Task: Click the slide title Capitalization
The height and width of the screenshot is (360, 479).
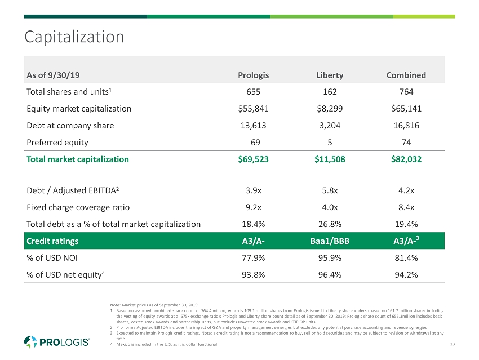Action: pos(74,37)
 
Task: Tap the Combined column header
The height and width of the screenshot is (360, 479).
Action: pos(406,75)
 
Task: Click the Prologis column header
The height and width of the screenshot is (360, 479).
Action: pos(254,75)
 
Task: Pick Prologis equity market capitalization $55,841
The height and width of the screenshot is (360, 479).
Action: pos(254,109)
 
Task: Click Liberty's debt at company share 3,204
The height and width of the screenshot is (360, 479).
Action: pos(330,126)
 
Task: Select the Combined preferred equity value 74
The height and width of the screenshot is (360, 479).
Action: pos(406,143)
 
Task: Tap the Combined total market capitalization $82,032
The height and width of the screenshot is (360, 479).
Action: pos(406,159)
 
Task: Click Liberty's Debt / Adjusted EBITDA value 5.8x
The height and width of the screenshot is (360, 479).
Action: pos(330,190)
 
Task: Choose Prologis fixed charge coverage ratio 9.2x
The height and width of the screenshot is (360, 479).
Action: pos(254,207)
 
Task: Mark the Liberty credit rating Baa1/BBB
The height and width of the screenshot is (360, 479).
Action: pos(330,241)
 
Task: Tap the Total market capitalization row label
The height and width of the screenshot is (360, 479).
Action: pos(78,159)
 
